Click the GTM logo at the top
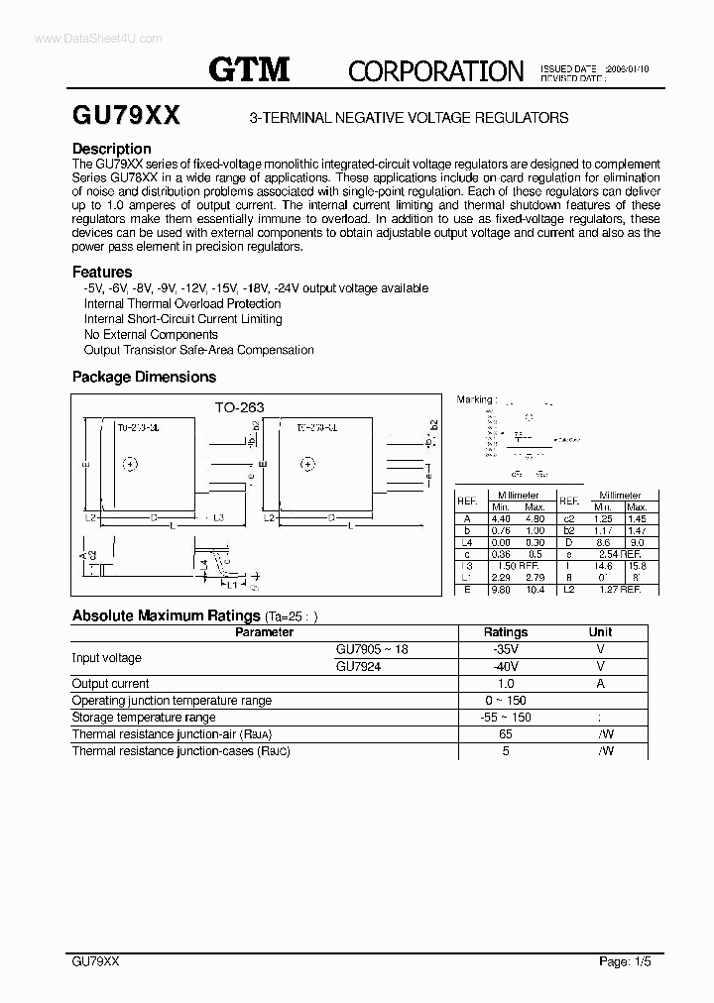tap(249, 69)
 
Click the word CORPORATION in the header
tap(435, 71)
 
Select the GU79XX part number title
tap(126, 116)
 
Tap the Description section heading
tap(111, 149)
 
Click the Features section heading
tap(102, 272)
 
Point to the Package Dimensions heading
tap(144, 377)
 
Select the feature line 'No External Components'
tap(151, 335)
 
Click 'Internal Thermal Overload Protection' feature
tap(182, 303)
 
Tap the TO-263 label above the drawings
tap(240, 407)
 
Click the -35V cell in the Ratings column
tap(505, 649)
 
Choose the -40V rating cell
tap(505, 667)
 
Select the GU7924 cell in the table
tap(358, 667)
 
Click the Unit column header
tap(600, 632)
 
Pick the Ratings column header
tap(505, 632)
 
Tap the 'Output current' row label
tap(111, 684)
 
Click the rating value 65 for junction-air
tap(505, 734)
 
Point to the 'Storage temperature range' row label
tap(144, 718)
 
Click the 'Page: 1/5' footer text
tap(627, 961)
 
